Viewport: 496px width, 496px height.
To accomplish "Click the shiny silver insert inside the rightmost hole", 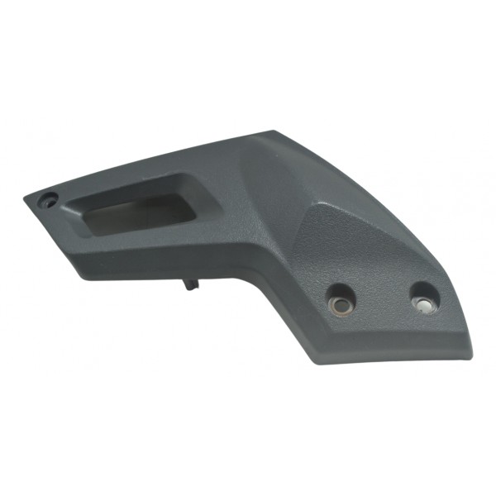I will click(423, 304).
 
